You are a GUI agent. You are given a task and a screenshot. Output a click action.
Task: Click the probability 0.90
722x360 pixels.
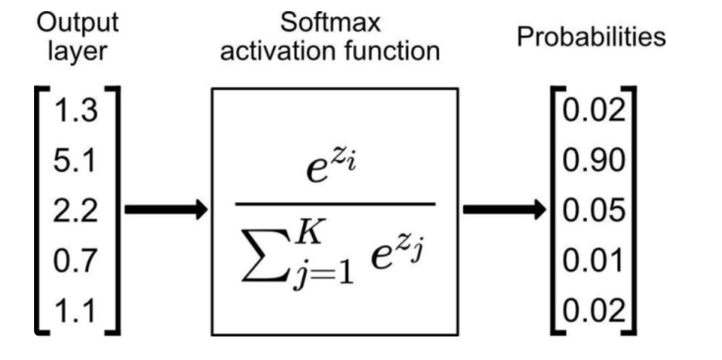[591, 162]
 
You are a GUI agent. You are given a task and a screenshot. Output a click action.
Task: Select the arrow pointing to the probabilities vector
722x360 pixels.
[502, 210]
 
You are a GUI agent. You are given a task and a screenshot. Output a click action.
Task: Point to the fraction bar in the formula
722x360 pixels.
[334, 203]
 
